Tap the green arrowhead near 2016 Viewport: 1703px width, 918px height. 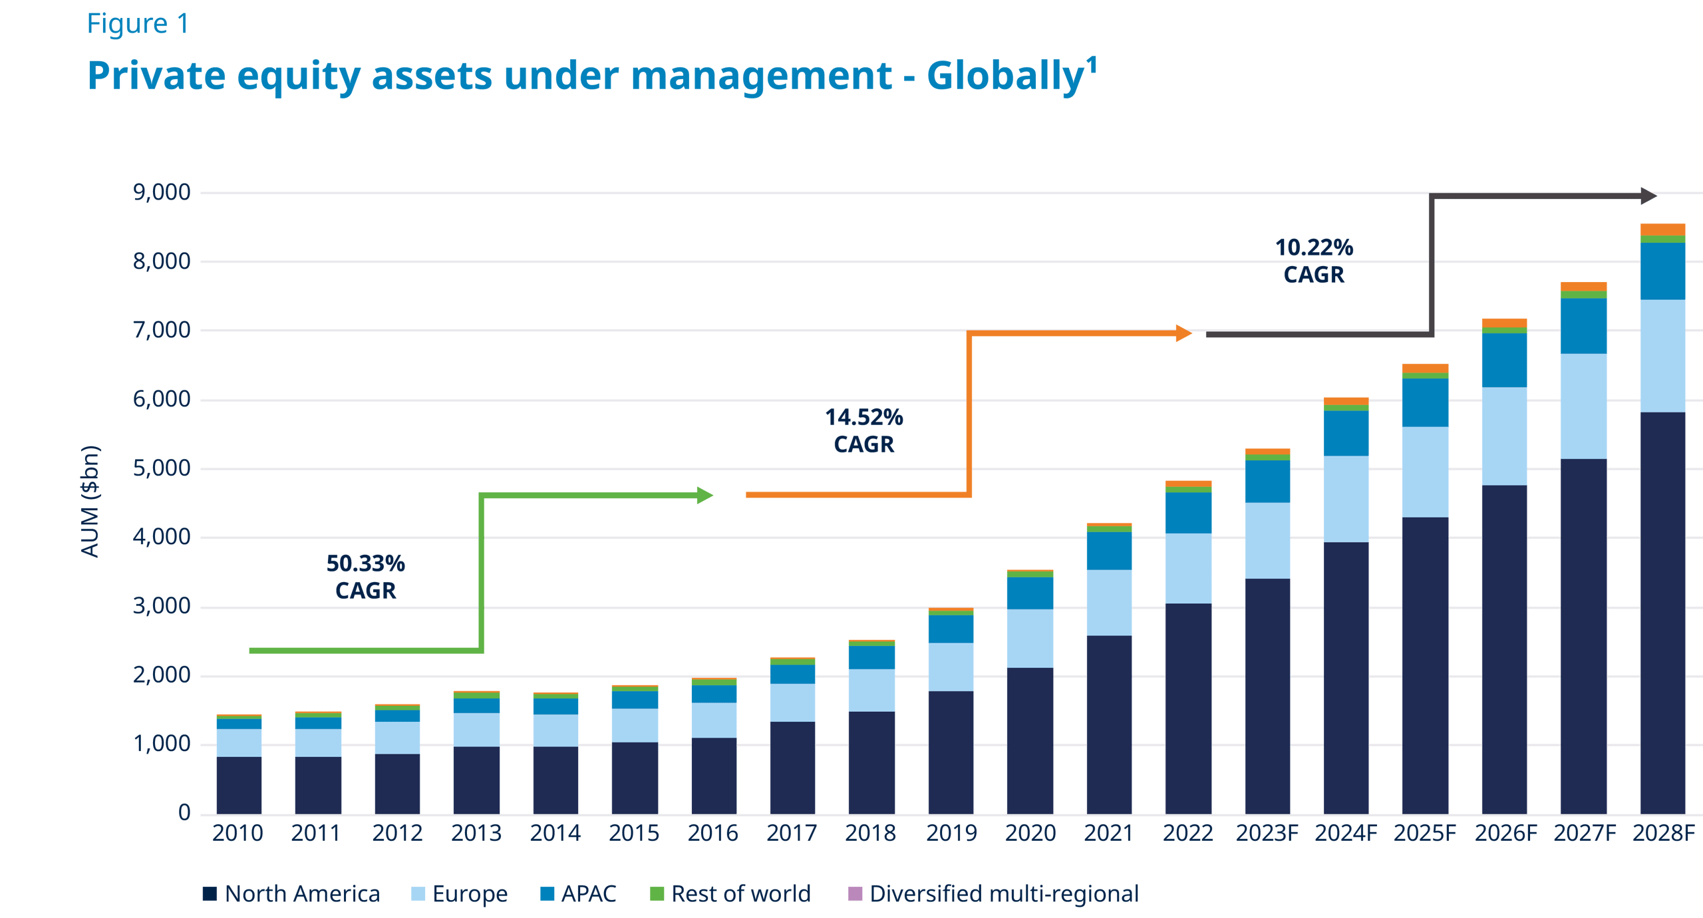click(704, 495)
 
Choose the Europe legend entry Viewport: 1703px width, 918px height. click(460, 894)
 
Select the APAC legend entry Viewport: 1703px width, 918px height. click(578, 894)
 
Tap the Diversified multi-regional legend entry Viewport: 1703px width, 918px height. click(994, 894)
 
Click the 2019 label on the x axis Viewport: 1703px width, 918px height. click(951, 834)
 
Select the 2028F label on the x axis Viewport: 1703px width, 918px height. click(1664, 834)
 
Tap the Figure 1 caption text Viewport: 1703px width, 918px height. click(138, 25)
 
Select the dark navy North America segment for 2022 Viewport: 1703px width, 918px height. click(1188, 708)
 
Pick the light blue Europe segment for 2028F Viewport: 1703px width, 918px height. click(1662, 356)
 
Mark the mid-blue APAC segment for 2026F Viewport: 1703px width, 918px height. click(1504, 360)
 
